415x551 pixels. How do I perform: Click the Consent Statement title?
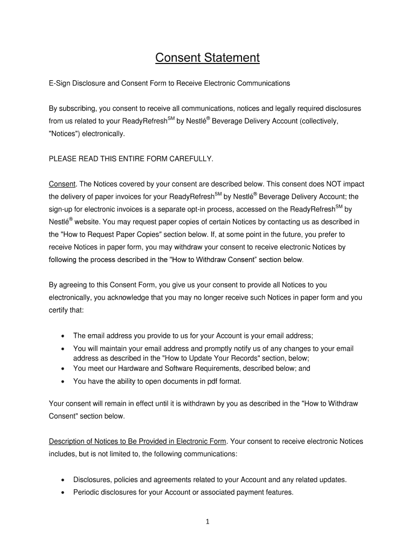point(207,58)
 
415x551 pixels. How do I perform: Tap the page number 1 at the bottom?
point(207,521)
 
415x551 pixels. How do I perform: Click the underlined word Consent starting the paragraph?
point(61,183)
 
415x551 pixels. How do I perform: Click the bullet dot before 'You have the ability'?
point(63,382)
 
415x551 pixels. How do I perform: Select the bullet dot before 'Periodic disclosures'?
point(63,492)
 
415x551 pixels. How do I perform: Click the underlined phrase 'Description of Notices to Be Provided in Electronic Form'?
point(138,441)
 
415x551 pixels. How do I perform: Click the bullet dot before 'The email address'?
point(63,336)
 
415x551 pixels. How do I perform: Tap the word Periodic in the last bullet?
point(87,492)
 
